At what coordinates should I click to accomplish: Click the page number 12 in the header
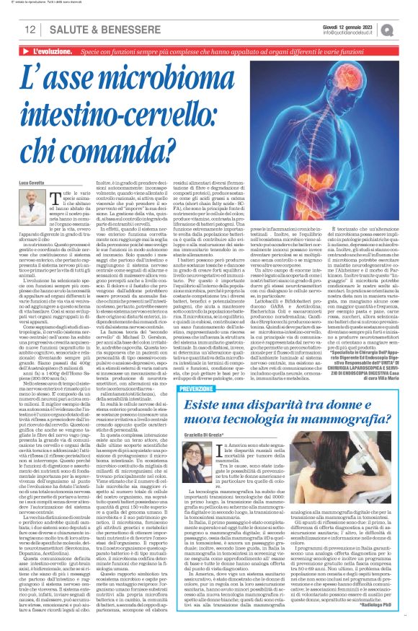pos(30,29)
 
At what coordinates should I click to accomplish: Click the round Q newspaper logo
pos(407,28)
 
